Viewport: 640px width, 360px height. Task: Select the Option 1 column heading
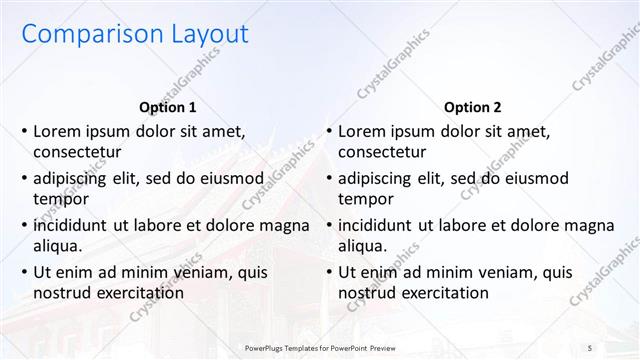pyautogui.click(x=167, y=108)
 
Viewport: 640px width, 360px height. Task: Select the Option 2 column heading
pyautogui.click(x=472, y=108)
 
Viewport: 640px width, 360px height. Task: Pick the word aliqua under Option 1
pyautogui.click(x=57, y=246)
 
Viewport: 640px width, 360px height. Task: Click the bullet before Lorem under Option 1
pyautogui.click(x=24, y=131)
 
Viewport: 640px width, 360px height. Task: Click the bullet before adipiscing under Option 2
pyautogui.click(x=329, y=178)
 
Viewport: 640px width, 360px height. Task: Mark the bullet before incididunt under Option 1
pyautogui.click(x=24, y=225)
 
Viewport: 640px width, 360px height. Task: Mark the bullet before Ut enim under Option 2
pyautogui.click(x=329, y=272)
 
